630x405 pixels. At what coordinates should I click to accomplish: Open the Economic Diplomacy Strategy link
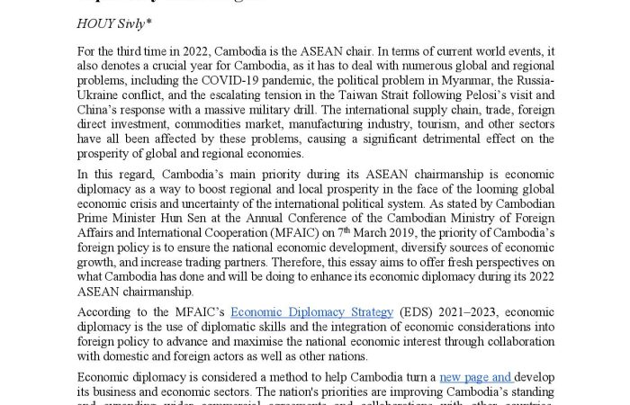pyautogui.click(x=311, y=313)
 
